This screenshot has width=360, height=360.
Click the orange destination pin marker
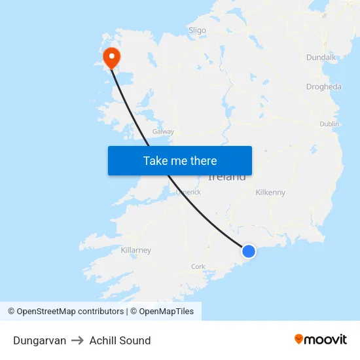pos(112,56)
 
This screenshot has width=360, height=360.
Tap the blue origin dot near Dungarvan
pos(249,251)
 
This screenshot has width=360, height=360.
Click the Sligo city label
pos(197,30)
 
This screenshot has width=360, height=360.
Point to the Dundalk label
pos(321,58)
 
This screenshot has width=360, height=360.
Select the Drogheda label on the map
pos(323,87)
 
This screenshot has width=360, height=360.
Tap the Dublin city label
pos(329,124)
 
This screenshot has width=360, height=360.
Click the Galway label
pos(163,132)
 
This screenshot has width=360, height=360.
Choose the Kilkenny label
pos(270,192)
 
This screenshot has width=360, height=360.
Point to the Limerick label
pos(188,192)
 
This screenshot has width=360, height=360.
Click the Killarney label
pos(136,250)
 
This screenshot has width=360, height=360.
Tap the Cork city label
pos(198,266)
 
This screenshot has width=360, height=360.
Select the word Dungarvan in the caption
pos(39,340)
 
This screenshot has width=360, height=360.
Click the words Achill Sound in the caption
pos(120,340)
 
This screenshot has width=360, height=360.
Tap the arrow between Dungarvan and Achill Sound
pos(78,340)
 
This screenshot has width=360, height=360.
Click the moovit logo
pos(321,339)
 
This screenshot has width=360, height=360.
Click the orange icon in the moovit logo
pos(299,339)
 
